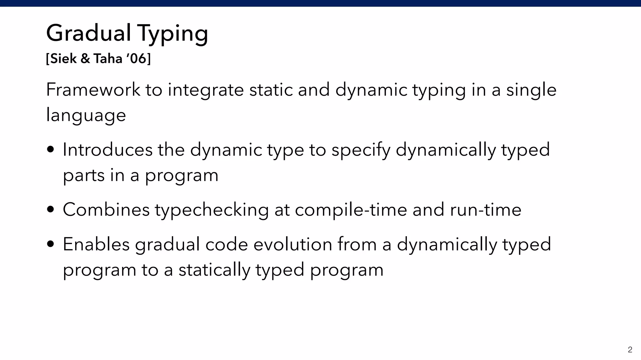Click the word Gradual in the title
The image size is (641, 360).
[89, 33]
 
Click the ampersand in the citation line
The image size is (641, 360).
[85, 59]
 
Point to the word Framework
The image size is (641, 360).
[93, 90]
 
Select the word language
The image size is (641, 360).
[86, 115]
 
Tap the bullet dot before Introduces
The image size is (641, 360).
[50, 150]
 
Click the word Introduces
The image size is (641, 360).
[108, 150]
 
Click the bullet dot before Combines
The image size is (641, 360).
[50, 210]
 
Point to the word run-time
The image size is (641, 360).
[485, 210]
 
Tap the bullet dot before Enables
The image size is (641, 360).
[50, 244]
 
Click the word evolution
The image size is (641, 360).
[293, 244]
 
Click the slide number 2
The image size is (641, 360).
[630, 350]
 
